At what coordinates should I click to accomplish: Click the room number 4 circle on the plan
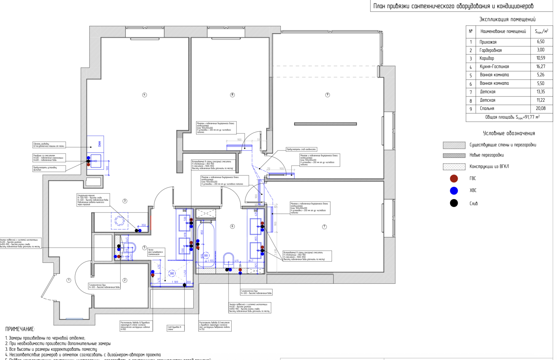click(145, 95)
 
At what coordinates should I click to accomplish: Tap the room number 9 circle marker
click(328, 95)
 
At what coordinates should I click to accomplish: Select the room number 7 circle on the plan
click(324, 227)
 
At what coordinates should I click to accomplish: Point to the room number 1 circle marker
click(69, 280)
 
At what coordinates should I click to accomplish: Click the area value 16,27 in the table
click(540, 66)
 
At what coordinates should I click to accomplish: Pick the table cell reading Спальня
click(487, 108)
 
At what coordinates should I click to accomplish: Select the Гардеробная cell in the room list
click(490, 50)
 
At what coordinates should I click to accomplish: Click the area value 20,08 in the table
click(540, 108)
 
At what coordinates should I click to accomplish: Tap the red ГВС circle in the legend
click(454, 179)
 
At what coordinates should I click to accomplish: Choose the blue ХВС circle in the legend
click(454, 191)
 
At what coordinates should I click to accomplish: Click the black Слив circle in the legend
click(454, 203)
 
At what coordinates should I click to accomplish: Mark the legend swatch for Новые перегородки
click(454, 155)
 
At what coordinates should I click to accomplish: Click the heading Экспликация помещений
click(507, 19)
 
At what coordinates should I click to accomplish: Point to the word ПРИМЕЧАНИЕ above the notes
click(20, 329)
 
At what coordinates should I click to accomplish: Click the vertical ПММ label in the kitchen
click(99, 144)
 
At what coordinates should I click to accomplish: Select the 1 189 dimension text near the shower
click(175, 282)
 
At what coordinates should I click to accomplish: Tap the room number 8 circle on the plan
click(232, 95)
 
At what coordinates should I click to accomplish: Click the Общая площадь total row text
click(512, 117)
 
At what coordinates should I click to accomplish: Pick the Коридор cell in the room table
click(486, 58)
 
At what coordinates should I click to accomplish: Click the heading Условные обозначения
click(509, 133)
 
